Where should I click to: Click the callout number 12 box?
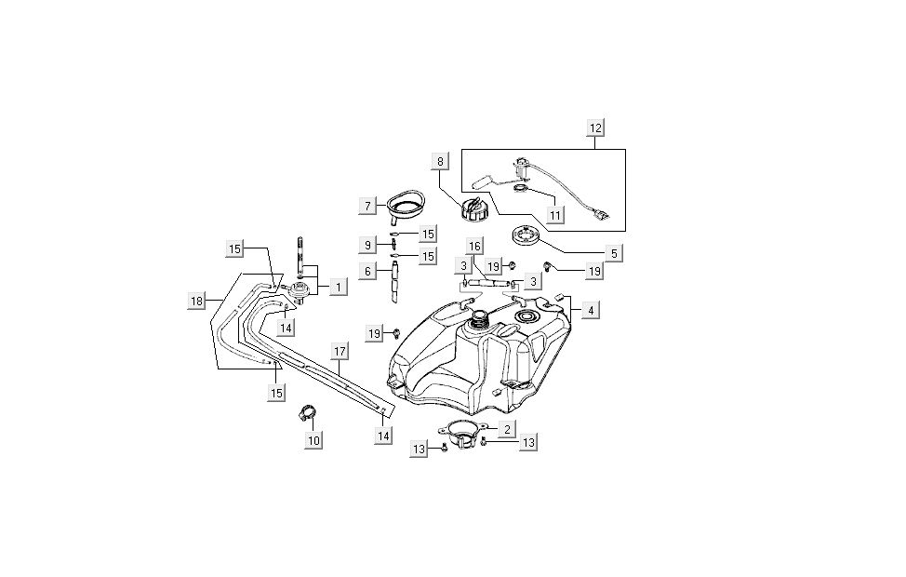pyautogui.click(x=595, y=127)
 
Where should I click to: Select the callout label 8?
pyautogui.click(x=440, y=161)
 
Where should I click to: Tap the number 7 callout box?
pyautogui.click(x=369, y=205)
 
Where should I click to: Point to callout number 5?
pyautogui.click(x=613, y=252)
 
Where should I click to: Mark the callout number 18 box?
pyautogui.click(x=196, y=301)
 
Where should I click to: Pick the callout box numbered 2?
pyautogui.click(x=506, y=429)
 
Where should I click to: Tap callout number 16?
pyautogui.click(x=474, y=247)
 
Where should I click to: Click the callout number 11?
pyautogui.click(x=555, y=215)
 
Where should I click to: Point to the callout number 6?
pyautogui.click(x=369, y=271)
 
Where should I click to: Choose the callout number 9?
pyautogui.click(x=369, y=245)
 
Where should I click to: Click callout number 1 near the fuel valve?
pyautogui.click(x=337, y=288)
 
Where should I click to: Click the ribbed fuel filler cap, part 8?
pyautogui.click(x=474, y=207)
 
